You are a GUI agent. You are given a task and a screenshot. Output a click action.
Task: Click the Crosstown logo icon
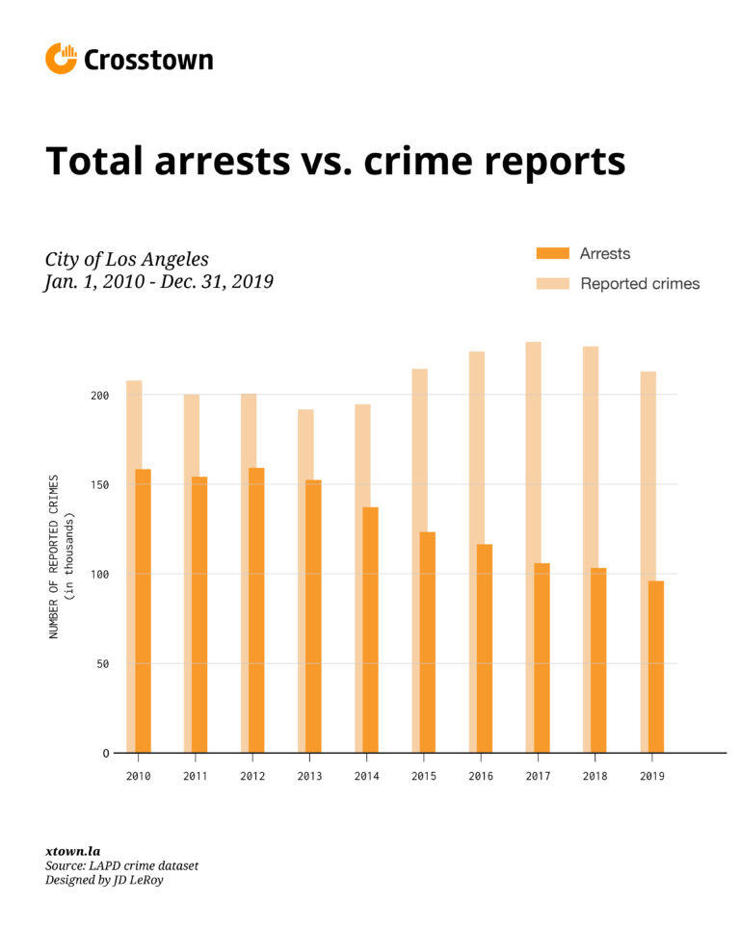(x=60, y=59)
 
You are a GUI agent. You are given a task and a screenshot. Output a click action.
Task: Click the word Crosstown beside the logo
(x=148, y=60)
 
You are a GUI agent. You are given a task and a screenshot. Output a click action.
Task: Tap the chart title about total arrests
(x=335, y=161)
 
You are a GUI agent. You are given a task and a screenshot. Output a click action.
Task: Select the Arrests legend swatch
(x=553, y=254)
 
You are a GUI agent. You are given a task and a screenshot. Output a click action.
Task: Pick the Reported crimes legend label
(x=640, y=284)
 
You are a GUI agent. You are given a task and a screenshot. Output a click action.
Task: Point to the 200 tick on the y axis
(x=100, y=396)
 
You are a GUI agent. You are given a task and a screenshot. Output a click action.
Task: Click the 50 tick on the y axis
(x=103, y=664)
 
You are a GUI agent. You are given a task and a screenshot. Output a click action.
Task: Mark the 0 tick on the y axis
(x=106, y=754)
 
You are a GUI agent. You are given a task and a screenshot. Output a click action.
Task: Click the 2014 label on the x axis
(x=366, y=775)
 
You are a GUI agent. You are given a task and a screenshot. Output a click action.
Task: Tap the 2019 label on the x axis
(x=650, y=775)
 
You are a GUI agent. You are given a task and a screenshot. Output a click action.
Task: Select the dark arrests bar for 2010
(x=143, y=611)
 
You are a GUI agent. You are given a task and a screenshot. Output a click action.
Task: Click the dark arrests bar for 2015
(x=427, y=642)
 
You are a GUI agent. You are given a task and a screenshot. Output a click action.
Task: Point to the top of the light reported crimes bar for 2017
(x=533, y=346)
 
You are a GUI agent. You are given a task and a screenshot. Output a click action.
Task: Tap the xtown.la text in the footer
(x=72, y=851)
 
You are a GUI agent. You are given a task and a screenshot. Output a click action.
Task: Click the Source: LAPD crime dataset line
(x=121, y=866)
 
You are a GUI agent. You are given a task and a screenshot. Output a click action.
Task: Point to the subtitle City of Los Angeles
(x=126, y=260)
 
